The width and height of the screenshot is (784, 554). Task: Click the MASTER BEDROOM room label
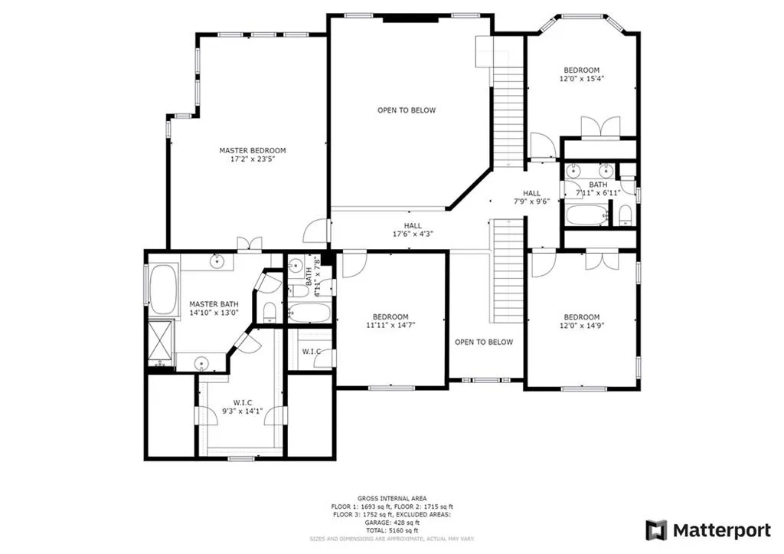click(x=252, y=150)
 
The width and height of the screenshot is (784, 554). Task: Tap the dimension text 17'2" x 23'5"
click(x=252, y=160)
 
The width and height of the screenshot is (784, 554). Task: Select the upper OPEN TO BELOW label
click(x=406, y=110)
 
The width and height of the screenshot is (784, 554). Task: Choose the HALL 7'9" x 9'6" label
click(x=531, y=198)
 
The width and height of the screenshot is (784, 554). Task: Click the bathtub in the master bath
click(x=162, y=289)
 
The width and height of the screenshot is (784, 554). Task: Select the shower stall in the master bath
click(x=161, y=342)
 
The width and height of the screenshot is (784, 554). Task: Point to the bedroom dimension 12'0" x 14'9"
click(x=581, y=326)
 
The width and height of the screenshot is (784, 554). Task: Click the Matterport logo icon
click(x=656, y=530)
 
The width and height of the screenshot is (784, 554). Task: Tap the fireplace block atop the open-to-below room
click(x=406, y=18)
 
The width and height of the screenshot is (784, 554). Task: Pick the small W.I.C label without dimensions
click(x=311, y=352)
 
